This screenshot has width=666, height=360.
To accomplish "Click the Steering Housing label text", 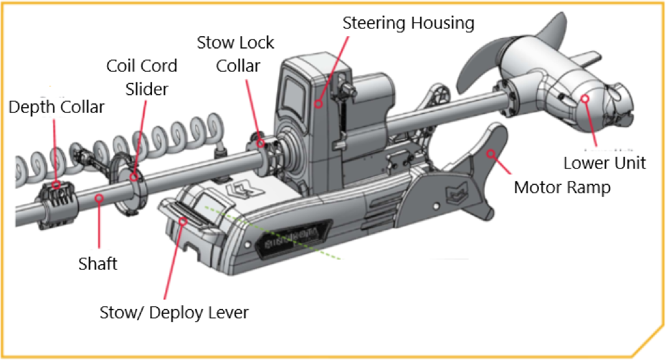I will click(409, 24).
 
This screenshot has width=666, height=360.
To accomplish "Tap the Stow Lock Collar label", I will click(235, 54).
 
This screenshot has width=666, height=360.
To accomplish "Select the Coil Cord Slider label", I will click(142, 77).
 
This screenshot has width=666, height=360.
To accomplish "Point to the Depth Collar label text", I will click(57, 107).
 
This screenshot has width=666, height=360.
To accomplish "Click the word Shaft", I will click(98, 263).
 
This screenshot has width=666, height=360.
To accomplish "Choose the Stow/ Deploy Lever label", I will click(174, 312).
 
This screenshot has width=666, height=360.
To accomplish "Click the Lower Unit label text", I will click(604, 163).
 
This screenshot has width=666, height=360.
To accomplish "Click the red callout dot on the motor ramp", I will click(492, 152).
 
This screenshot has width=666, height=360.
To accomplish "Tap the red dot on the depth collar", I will click(56, 185).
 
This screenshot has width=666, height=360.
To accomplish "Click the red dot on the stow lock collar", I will click(259, 143).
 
